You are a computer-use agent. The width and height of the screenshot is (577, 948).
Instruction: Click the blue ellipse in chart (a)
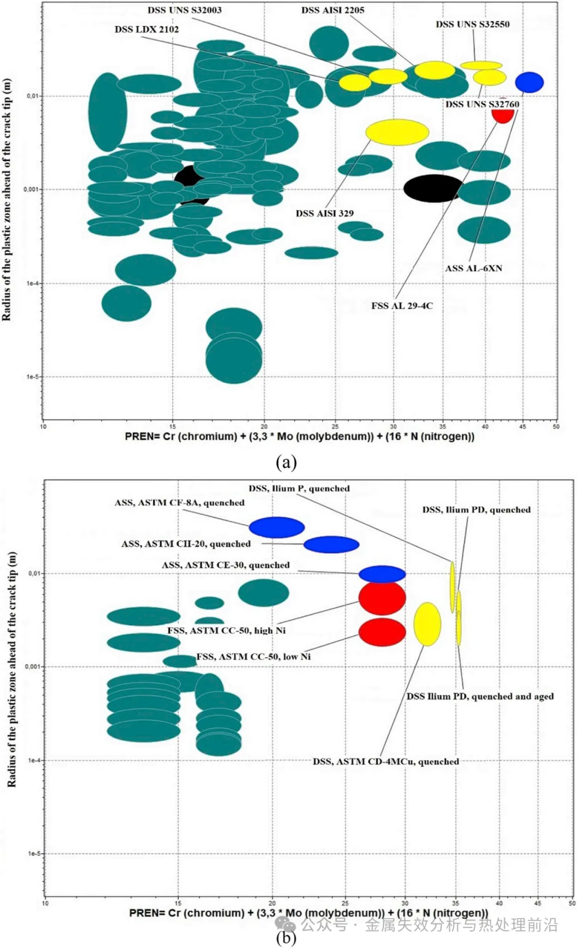click(x=529, y=82)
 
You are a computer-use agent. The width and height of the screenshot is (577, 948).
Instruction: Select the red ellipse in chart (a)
click(x=503, y=115)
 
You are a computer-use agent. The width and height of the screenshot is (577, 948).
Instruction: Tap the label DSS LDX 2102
click(x=146, y=29)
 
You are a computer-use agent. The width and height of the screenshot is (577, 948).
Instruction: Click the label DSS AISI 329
click(x=324, y=213)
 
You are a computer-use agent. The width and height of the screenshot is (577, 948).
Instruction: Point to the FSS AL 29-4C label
click(x=402, y=306)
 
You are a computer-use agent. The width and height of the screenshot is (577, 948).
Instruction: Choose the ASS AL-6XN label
click(x=473, y=268)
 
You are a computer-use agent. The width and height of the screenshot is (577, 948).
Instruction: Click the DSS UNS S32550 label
click(x=472, y=24)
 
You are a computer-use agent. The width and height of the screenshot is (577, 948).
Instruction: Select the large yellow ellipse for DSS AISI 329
click(x=397, y=133)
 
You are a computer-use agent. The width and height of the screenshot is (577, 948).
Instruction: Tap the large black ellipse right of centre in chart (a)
click(x=433, y=188)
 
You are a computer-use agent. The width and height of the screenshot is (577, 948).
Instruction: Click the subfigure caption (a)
click(x=286, y=462)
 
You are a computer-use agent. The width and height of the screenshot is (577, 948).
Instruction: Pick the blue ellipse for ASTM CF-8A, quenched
click(x=277, y=527)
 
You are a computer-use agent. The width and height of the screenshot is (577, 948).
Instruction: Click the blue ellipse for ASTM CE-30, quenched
click(x=382, y=574)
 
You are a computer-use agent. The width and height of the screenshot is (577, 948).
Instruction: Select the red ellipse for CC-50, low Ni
click(x=382, y=632)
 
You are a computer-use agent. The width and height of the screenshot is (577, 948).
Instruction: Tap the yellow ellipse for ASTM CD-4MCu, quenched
click(x=427, y=624)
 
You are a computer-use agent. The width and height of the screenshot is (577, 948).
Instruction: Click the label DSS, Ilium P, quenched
click(x=299, y=488)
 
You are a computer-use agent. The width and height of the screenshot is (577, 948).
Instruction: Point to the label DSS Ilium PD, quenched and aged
click(x=480, y=696)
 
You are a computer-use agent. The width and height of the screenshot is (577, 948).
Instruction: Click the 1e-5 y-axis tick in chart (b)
click(x=33, y=853)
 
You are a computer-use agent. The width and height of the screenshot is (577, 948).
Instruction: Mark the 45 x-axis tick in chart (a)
click(x=523, y=426)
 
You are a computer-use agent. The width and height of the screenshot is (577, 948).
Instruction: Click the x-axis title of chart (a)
click(x=299, y=437)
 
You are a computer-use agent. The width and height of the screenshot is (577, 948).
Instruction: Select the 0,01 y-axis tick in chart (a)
click(x=33, y=96)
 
